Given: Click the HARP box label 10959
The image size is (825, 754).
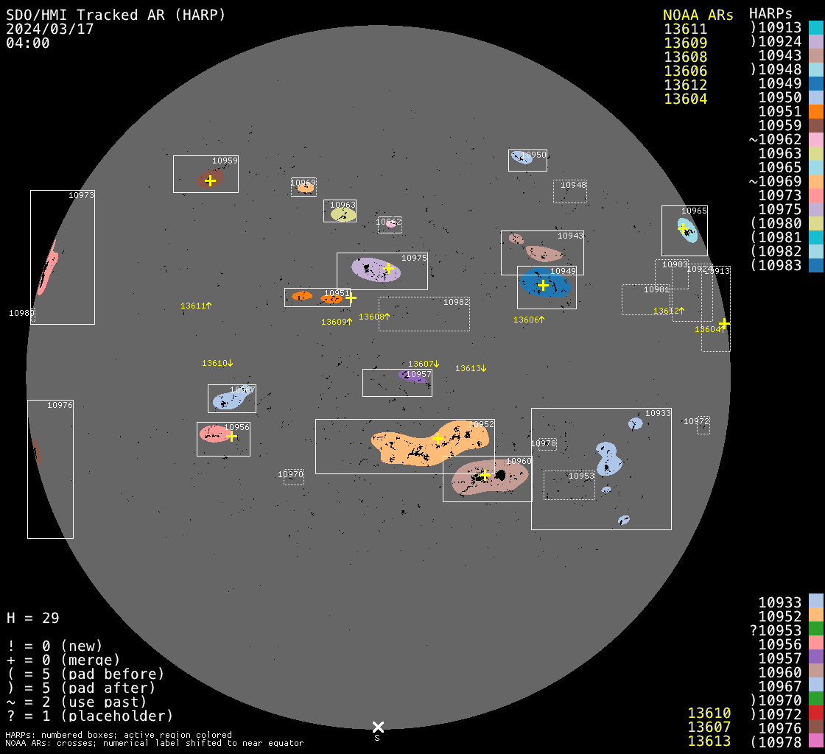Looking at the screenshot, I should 225,161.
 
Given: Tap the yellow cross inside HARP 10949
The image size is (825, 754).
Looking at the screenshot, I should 544,285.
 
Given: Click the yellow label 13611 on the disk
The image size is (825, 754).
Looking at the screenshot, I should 196,306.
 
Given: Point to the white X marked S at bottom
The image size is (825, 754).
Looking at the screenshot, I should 378,727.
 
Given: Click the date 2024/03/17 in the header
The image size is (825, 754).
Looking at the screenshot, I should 49,29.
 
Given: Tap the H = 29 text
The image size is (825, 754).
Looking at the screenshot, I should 33,618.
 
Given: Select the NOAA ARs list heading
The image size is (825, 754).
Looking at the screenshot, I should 698,15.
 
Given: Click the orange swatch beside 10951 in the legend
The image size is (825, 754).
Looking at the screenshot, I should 815,111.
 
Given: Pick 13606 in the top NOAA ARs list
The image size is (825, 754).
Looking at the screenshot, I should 685,71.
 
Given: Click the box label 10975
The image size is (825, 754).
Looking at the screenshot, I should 414,258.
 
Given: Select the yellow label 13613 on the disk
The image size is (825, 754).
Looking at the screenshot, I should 471,368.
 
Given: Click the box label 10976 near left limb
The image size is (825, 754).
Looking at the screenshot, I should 60,405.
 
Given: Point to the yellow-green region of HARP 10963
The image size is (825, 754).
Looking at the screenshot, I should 343,214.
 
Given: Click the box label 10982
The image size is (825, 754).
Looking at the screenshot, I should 456,302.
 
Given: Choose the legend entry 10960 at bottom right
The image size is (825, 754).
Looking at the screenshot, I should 780,672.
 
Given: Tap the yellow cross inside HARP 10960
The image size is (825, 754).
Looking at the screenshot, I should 485,475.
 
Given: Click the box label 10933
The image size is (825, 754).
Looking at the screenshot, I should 658,413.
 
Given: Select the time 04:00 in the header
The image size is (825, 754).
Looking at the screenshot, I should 27,43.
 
